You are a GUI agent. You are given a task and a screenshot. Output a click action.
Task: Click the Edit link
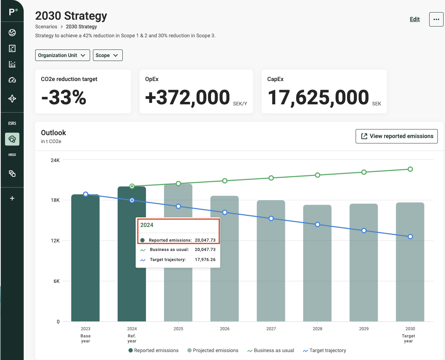click(414, 19)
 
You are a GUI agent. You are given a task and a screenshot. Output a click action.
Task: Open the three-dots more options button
click(436, 19)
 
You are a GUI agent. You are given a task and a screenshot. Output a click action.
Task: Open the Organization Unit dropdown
click(62, 55)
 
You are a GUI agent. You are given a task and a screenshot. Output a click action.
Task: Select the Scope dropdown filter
click(108, 55)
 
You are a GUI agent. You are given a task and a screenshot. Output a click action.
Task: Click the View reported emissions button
click(397, 136)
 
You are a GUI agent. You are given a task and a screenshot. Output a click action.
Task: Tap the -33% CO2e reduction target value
click(64, 97)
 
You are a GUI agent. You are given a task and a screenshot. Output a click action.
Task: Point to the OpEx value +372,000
click(187, 97)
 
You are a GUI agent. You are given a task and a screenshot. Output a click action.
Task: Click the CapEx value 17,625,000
click(318, 97)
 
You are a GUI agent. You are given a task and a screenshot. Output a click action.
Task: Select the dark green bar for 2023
click(85, 258)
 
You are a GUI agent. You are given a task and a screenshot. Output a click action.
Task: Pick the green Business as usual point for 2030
click(410, 169)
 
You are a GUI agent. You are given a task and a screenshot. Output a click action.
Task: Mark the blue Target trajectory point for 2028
click(318, 224)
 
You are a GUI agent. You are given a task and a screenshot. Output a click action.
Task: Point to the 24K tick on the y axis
click(55, 160)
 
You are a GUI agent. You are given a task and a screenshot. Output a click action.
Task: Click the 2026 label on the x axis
click(225, 328)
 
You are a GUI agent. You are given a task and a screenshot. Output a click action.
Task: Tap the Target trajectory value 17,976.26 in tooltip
click(205, 260)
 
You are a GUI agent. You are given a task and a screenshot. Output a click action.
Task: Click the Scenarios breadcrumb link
click(46, 27)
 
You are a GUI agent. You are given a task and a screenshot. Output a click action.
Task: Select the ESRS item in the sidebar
click(12, 123)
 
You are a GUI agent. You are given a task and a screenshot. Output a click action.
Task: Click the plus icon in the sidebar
click(12, 198)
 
